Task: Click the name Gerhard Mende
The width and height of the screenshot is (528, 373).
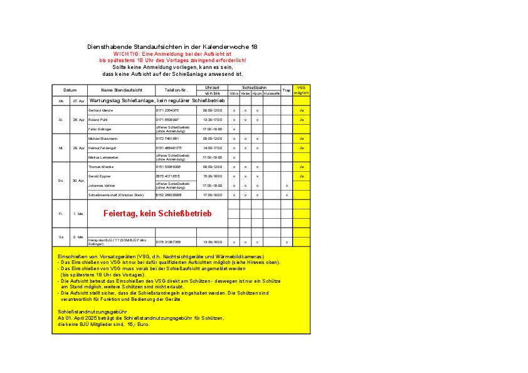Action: coord(101,110)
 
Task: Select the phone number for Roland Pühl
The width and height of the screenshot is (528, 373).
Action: coord(168,120)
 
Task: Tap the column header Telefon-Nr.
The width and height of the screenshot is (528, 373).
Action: coord(176,90)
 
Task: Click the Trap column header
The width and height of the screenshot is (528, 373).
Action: coord(287,90)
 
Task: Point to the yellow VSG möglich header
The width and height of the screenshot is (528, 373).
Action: coord(302,90)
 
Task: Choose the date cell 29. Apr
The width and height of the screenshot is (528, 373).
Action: coord(78,148)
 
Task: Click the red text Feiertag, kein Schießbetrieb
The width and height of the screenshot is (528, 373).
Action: coord(157,214)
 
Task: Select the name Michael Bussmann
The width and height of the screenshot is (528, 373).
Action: coord(103,139)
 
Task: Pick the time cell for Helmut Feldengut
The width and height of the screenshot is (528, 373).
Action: coord(213,148)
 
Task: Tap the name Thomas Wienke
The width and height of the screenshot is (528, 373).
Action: coord(101,167)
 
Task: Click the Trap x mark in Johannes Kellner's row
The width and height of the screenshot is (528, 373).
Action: coord(287,186)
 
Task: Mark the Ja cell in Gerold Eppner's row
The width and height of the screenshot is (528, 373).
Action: coord(302,176)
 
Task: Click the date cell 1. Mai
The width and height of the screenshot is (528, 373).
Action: coord(78,214)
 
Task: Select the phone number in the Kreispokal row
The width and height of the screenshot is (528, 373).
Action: coord(169,242)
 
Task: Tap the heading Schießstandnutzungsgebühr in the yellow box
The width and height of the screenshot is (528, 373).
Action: coord(92,312)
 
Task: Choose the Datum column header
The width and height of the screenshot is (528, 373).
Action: coord(70,90)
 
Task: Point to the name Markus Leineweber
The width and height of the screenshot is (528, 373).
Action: coord(103,157)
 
